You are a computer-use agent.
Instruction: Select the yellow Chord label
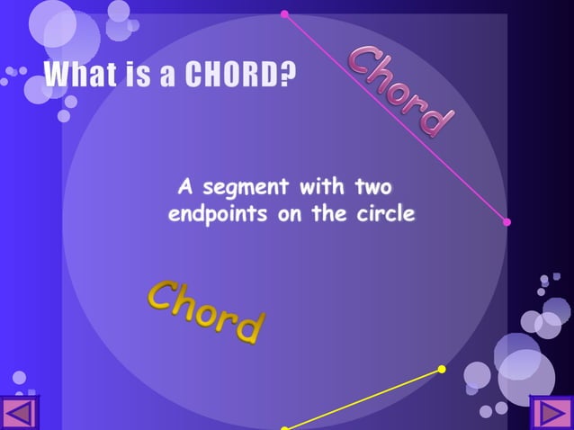pyautogui.click(x=207, y=311)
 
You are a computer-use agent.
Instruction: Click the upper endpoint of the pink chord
pyautogui.click(x=284, y=13)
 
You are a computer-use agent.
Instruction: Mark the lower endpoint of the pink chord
pyautogui.click(x=507, y=221)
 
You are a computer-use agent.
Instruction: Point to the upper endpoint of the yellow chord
pyautogui.click(x=442, y=369)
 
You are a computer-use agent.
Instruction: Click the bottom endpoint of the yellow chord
pyautogui.click(x=284, y=428)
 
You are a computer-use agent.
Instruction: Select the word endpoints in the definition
pyautogui.click(x=220, y=215)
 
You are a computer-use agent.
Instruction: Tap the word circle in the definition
pyautogui.click(x=387, y=215)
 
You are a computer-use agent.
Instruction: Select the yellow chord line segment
pyautogui.click(x=363, y=399)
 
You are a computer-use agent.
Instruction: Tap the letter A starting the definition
pyautogui.click(x=186, y=188)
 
